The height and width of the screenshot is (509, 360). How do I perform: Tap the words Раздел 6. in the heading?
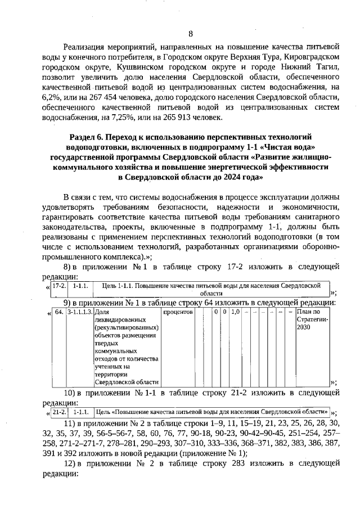(x=88, y=137)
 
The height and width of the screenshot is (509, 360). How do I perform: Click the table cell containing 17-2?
(x=60, y=286)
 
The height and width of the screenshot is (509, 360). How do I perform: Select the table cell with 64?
(x=58, y=312)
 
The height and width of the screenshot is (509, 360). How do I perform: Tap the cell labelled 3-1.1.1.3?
(x=79, y=312)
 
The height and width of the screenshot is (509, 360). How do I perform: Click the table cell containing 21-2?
(x=59, y=411)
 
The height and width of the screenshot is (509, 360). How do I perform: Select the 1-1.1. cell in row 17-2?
(x=81, y=286)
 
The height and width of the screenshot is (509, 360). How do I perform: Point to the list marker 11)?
(x=69, y=422)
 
